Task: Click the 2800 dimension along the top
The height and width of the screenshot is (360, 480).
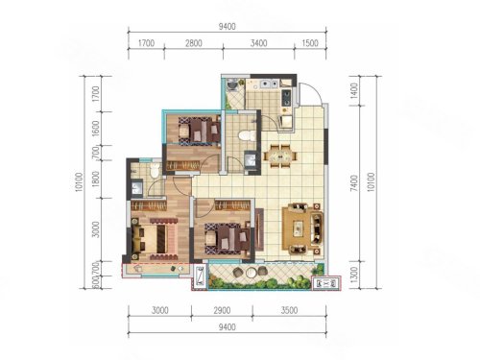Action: [194, 43]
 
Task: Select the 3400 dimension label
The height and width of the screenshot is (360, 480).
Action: [258, 43]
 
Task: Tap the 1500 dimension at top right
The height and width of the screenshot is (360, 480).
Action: [310, 43]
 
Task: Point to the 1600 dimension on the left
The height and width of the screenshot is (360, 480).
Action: [95, 129]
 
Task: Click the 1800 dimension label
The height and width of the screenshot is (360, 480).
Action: [95, 180]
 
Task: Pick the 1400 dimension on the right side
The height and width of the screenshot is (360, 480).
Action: [354, 91]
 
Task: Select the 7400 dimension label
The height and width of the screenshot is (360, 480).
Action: [354, 183]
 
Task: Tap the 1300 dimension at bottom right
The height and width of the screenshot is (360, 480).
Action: [354, 275]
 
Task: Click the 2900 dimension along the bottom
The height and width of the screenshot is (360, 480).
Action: [222, 310]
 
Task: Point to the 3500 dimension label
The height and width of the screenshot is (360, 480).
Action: [289, 310]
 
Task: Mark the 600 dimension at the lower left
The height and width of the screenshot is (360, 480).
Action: [95, 282]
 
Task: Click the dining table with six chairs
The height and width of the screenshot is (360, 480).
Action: [280, 156]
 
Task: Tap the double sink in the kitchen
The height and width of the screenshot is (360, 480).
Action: [269, 84]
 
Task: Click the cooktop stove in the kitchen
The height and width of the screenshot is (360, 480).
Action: [286, 98]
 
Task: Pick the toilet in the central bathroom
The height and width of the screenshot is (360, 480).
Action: [246, 135]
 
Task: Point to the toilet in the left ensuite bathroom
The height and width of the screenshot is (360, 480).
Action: [155, 170]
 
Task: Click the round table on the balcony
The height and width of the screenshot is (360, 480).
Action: [250, 273]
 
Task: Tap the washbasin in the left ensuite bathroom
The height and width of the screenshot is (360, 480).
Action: [137, 188]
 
